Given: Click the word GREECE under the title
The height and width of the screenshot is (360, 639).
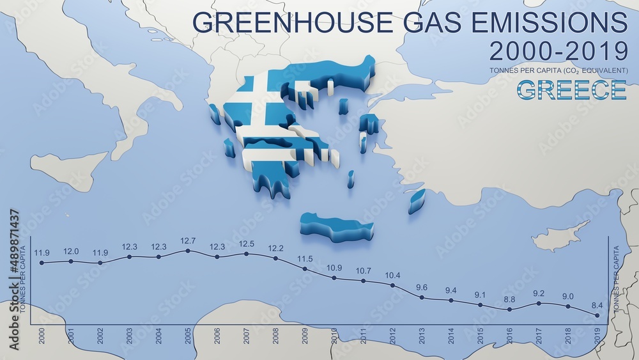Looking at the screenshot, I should (571, 90).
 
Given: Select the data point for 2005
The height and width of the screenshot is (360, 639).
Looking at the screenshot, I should (188, 251).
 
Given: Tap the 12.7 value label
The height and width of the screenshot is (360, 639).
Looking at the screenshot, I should (188, 241).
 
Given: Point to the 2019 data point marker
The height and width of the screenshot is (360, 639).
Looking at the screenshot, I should (597, 315).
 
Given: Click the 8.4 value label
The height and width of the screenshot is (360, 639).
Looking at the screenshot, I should (597, 306).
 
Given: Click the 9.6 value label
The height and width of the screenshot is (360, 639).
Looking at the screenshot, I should (422, 288).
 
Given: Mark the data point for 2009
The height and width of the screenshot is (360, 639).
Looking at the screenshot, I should (305, 269).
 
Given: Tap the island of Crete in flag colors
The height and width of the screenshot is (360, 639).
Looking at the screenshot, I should (336, 227).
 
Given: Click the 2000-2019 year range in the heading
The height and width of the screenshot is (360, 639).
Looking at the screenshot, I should (558, 51).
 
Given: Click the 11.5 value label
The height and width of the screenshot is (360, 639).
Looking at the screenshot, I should (305, 259).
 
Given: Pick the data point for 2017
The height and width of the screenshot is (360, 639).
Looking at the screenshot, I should (539, 303).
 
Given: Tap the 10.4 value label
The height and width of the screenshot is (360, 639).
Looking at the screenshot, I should (392, 276).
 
